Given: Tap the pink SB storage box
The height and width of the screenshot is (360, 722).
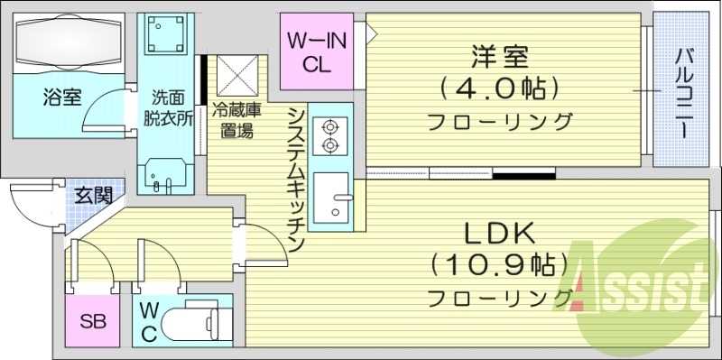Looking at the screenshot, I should pyautogui.click(x=91, y=322).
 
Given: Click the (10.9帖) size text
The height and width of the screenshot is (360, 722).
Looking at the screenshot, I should pyautogui.click(x=499, y=265).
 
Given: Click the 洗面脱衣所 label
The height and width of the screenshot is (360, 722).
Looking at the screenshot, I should pyautogui.click(x=170, y=109).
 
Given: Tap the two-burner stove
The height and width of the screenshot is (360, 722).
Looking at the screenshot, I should pyautogui.click(x=329, y=135).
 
